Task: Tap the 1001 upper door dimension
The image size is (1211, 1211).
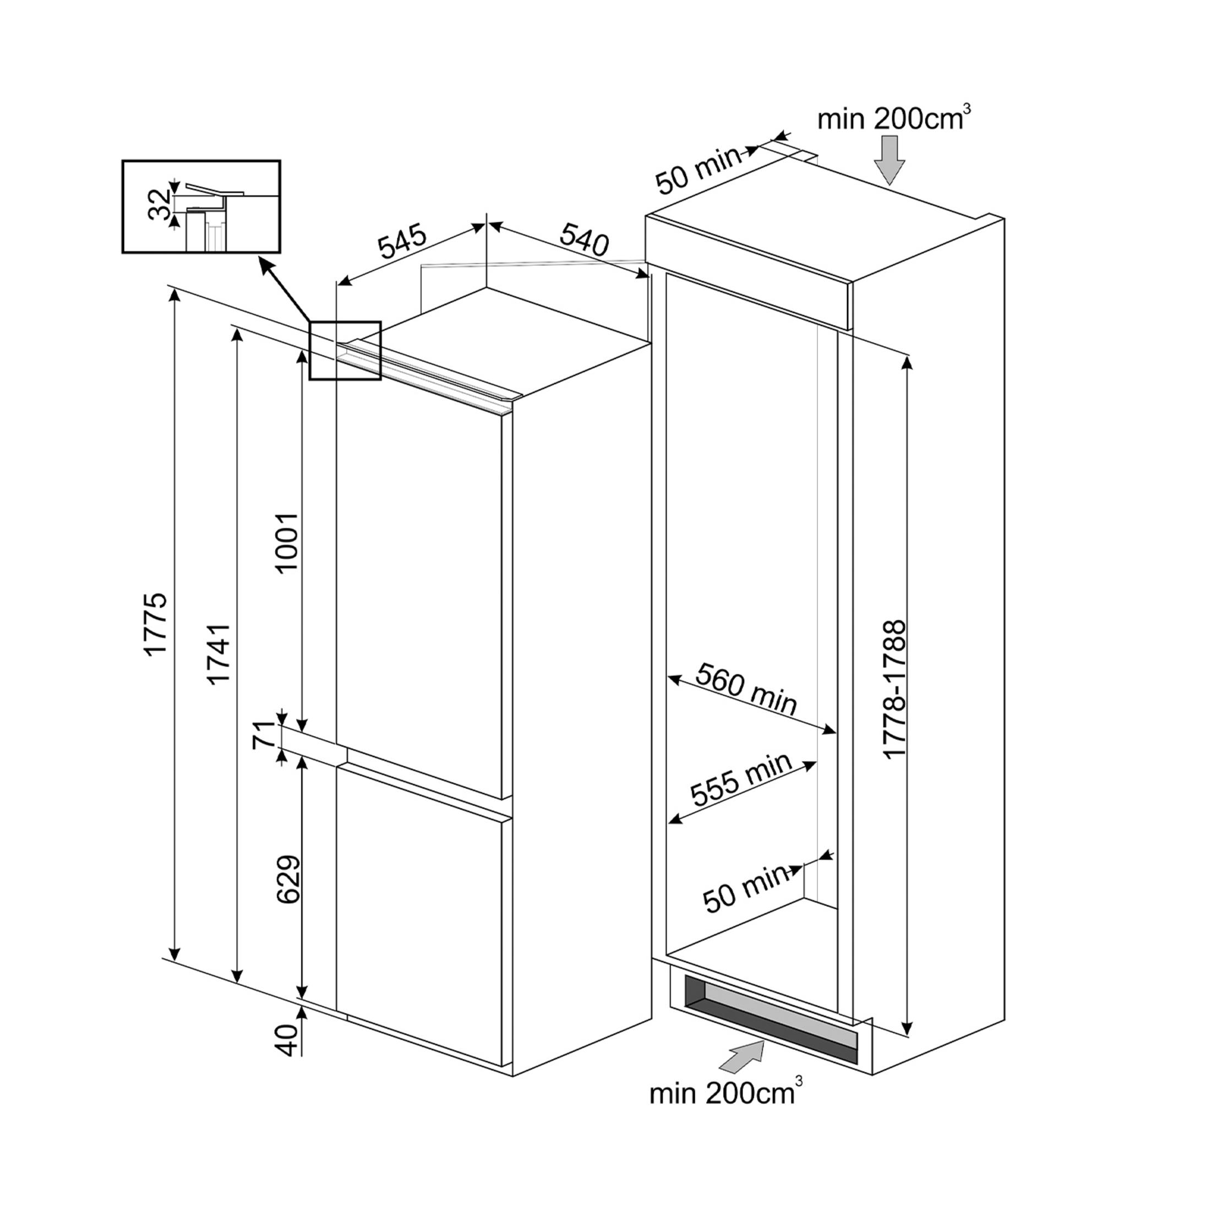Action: point(287,542)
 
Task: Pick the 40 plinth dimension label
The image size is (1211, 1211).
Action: point(287,1040)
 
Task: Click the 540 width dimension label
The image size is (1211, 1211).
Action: point(583,238)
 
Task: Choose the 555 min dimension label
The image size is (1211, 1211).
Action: point(741,779)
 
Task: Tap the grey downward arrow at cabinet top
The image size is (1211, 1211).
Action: point(889,159)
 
